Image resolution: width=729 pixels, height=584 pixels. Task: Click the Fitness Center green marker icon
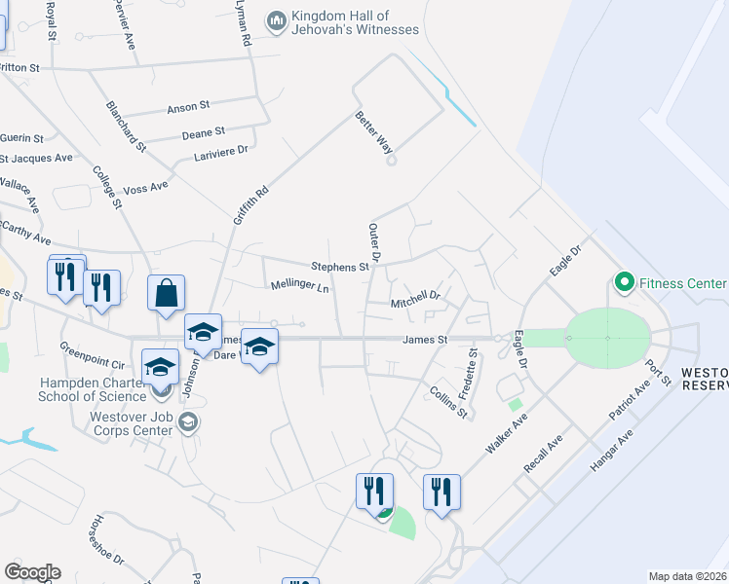(x=625, y=282)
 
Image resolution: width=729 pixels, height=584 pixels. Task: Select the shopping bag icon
(x=167, y=292)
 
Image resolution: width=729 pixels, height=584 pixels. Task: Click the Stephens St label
(x=339, y=266)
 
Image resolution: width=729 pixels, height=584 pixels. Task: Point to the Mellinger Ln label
(x=299, y=287)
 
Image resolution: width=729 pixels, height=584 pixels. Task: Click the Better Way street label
(x=373, y=132)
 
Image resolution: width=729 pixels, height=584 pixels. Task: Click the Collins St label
(x=449, y=400)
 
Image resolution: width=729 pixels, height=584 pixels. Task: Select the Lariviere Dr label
(x=221, y=149)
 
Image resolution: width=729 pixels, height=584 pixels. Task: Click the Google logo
(x=32, y=572)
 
